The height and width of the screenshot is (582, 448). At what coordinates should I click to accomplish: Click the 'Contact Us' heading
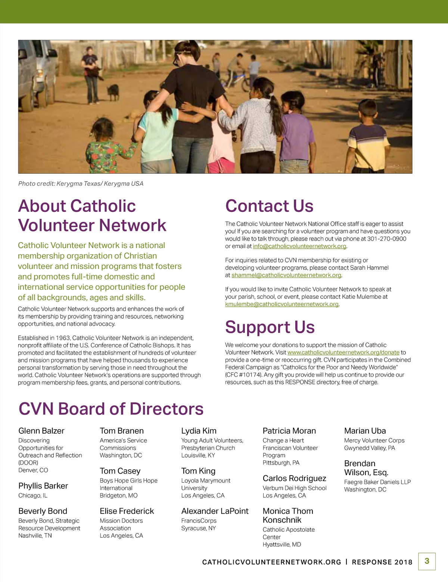point(269,206)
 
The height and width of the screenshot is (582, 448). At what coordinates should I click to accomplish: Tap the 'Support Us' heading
point(270,327)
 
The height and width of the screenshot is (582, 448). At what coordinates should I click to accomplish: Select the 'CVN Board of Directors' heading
point(111,409)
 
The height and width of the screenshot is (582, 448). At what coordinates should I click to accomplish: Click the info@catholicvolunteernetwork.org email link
point(299,247)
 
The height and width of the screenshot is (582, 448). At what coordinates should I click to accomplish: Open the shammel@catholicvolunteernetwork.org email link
point(286,275)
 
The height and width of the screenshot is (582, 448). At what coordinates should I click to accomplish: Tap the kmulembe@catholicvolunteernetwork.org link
point(282,304)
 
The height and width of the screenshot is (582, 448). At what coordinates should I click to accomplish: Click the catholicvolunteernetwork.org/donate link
point(343,353)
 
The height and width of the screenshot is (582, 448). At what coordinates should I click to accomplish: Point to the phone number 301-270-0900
point(386,239)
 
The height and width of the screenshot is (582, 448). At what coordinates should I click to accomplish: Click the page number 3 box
point(427,561)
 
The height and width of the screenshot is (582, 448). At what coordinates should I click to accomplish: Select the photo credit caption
point(81,184)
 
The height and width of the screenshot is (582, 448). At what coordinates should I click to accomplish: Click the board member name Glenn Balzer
point(41,431)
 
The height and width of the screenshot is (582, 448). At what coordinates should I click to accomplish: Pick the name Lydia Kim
point(199,431)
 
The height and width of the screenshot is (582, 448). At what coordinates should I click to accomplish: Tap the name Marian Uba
point(365,431)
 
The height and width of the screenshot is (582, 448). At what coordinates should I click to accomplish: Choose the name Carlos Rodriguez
point(294,479)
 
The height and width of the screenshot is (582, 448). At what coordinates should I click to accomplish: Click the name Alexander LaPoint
point(215,511)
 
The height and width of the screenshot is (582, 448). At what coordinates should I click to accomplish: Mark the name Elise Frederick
point(127,511)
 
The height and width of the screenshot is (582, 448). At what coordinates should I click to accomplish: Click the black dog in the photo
point(113,92)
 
